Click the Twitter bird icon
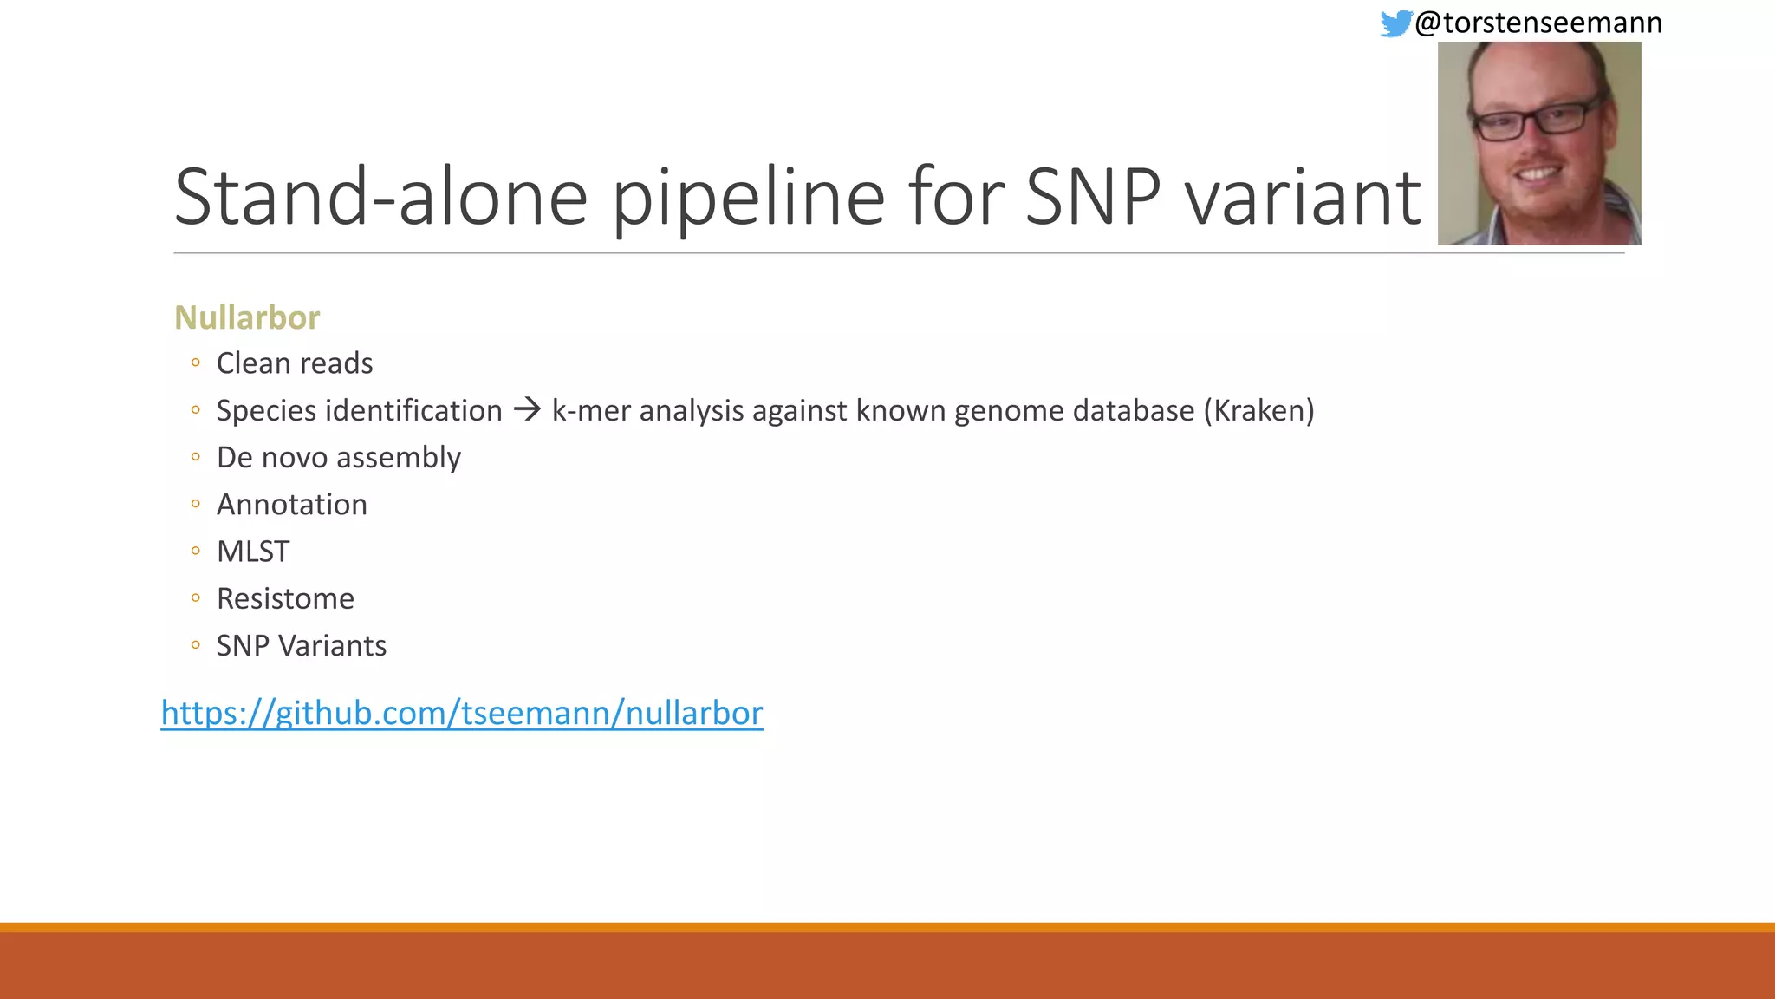click(x=1395, y=23)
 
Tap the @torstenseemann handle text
click(x=1538, y=23)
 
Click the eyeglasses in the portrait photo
click(x=1536, y=120)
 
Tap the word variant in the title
click(x=1303, y=198)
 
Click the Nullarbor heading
click(x=247, y=317)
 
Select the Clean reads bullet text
click(x=295, y=363)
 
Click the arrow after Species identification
click(x=527, y=409)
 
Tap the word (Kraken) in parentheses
click(x=1258, y=410)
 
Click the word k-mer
click(x=590, y=410)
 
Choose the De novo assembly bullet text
click(x=339, y=458)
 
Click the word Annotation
click(x=292, y=505)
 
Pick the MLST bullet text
click(x=253, y=552)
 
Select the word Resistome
click(x=285, y=598)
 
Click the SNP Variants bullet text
click(x=302, y=646)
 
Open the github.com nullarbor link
click(x=462, y=713)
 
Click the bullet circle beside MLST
click(x=196, y=551)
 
